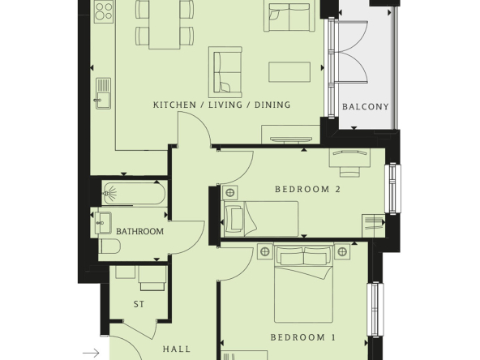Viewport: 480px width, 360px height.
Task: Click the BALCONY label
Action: coord(365,106)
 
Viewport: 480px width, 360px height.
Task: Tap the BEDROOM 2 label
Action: coord(307,189)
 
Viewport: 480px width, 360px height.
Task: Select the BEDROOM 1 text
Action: coord(303,337)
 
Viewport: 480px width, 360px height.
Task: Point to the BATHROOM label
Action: coord(140,231)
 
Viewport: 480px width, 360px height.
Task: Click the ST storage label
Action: coord(139,304)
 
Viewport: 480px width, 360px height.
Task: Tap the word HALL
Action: coord(177,349)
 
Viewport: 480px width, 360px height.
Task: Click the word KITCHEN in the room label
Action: coord(174,105)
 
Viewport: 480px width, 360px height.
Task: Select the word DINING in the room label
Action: coord(272,105)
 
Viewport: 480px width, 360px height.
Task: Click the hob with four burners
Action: coord(104,11)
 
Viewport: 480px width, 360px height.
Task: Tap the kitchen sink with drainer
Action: coord(103,93)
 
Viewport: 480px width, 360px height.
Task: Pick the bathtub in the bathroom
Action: coord(134,193)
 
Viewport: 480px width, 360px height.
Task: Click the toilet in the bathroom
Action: coord(110,246)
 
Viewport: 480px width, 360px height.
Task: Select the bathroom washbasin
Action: coord(102,222)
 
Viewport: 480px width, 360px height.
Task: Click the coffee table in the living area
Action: coord(289,72)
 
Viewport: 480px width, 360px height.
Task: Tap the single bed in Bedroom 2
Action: coord(261,219)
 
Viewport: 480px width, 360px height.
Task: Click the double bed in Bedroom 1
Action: coord(303,284)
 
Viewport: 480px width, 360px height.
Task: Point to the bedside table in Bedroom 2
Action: coord(230,193)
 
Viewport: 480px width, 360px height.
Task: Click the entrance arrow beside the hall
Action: coord(91,353)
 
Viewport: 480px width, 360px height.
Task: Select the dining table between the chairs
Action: coord(165,24)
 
